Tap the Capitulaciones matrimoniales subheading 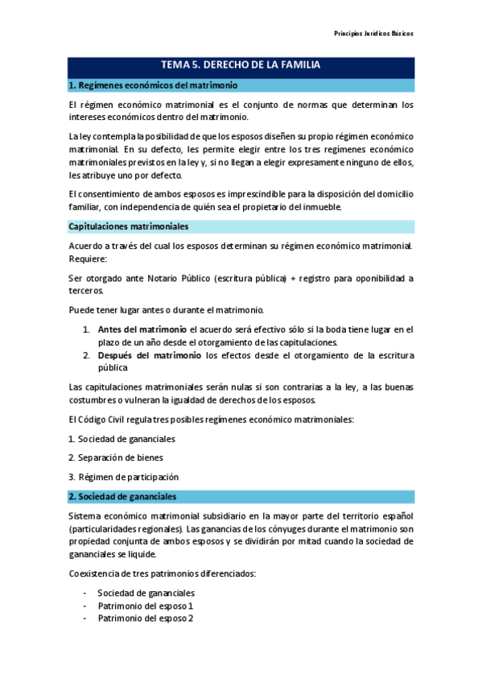pos(129,226)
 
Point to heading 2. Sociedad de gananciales pos(123,496)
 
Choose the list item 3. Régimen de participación pos(123,477)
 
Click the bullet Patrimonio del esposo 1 pos(146,606)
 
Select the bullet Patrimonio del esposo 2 pos(146,619)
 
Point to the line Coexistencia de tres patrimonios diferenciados pos(161,573)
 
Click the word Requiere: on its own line pos(87,259)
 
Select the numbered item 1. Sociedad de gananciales pos(122,439)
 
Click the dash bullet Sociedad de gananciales pos(146,593)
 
